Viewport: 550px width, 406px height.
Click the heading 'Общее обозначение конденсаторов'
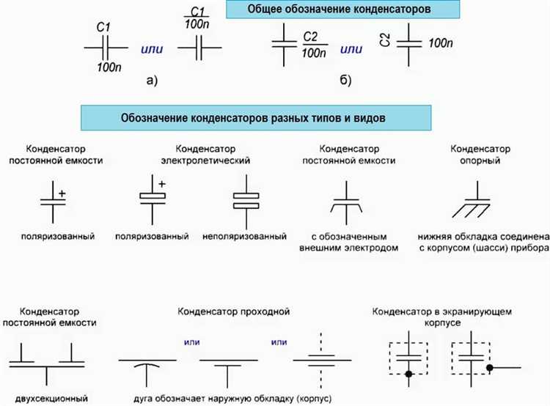tap(339, 9)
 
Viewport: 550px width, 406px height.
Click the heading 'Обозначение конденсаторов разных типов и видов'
tap(253, 118)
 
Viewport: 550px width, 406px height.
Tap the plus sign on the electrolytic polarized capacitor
tap(162, 184)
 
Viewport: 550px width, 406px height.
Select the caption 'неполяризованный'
tap(244, 236)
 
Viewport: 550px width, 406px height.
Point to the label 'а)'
tap(153, 81)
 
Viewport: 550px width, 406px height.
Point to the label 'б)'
tap(345, 81)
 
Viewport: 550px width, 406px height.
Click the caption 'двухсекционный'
tap(51, 399)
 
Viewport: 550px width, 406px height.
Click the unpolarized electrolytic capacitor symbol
tap(246, 202)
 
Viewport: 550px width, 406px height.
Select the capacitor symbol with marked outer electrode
tap(347, 203)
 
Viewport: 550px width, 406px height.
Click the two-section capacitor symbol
tap(47, 365)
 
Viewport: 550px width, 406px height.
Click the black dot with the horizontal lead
tap(490, 368)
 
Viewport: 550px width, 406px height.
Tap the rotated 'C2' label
tap(385, 40)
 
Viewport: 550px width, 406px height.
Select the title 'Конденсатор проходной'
tap(234, 311)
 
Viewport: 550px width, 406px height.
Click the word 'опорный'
tap(480, 161)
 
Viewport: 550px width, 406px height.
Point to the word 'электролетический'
tap(205, 160)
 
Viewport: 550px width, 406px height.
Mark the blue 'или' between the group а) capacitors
tap(152, 49)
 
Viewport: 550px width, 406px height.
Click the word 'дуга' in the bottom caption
tap(143, 399)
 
